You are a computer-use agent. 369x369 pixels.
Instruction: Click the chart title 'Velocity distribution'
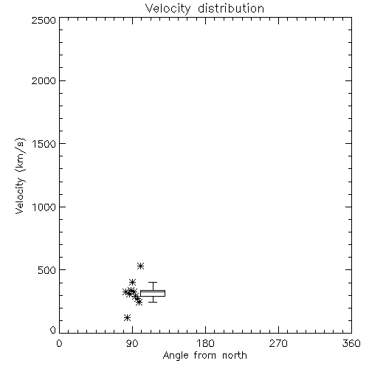(204, 9)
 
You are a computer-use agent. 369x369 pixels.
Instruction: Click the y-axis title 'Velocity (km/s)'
(20, 176)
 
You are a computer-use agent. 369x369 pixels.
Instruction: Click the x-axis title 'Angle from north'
(204, 356)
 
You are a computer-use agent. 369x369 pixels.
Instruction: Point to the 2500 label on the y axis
(44, 20)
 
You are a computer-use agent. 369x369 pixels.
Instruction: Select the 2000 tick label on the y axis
(44, 80)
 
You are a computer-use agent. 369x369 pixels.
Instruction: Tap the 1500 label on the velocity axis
(44, 144)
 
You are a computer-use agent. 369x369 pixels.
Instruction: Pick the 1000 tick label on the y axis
(44, 207)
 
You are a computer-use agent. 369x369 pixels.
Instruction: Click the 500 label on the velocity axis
(47, 270)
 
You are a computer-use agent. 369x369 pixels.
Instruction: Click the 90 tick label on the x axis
(132, 343)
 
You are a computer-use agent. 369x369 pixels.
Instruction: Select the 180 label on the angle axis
(205, 343)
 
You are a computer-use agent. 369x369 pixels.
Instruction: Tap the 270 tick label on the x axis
(278, 343)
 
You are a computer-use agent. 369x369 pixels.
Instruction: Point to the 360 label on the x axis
(351, 343)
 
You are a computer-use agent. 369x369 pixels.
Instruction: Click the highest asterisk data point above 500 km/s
(140, 266)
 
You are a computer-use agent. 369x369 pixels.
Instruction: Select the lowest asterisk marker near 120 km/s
(127, 317)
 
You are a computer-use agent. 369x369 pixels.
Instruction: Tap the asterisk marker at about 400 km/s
(132, 282)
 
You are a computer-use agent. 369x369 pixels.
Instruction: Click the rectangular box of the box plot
(153, 291)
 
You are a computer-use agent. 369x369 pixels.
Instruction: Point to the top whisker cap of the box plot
(153, 282)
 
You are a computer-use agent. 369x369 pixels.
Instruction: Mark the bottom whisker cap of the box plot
(153, 302)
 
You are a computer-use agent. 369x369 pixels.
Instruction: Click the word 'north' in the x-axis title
(235, 356)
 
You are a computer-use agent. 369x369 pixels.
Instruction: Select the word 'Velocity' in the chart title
(168, 9)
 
